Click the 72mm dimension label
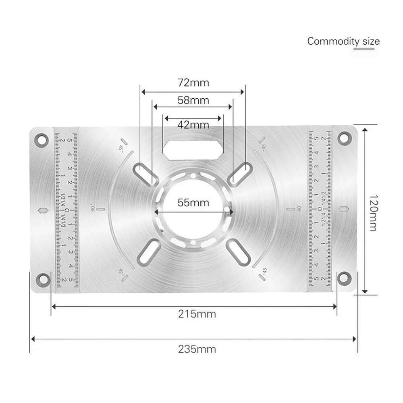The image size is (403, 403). pyautogui.click(x=193, y=83)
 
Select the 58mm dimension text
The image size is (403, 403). pyautogui.click(x=193, y=100)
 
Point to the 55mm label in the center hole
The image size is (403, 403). pyautogui.click(x=193, y=203)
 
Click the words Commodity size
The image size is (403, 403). pyautogui.click(x=343, y=41)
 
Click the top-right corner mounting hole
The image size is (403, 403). pyautogui.click(x=343, y=138)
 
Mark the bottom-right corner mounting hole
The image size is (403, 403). pyautogui.click(x=343, y=277)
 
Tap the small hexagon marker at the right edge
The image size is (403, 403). pyautogui.click(x=344, y=209)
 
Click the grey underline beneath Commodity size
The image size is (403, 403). pyautogui.click(x=364, y=49)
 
